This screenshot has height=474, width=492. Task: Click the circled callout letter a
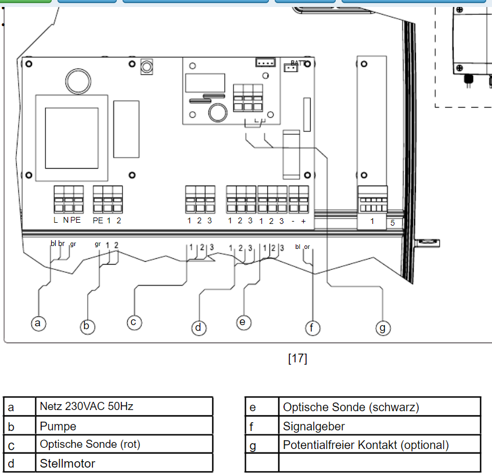[x=38, y=323]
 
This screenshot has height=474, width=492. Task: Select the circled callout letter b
[x=87, y=326]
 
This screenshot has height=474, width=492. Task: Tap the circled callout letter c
[x=134, y=323]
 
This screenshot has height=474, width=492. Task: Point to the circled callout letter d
[x=199, y=328]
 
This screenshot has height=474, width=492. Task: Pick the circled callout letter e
[x=243, y=323]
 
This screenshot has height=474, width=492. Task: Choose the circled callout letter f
[x=313, y=328]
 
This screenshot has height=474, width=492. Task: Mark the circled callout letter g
[x=383, y=328]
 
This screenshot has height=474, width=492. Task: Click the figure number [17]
[x=297, y=358]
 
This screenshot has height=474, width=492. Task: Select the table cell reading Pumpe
[x=124, y=426]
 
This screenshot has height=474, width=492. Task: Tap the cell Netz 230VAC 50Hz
[x=124, y=407]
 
